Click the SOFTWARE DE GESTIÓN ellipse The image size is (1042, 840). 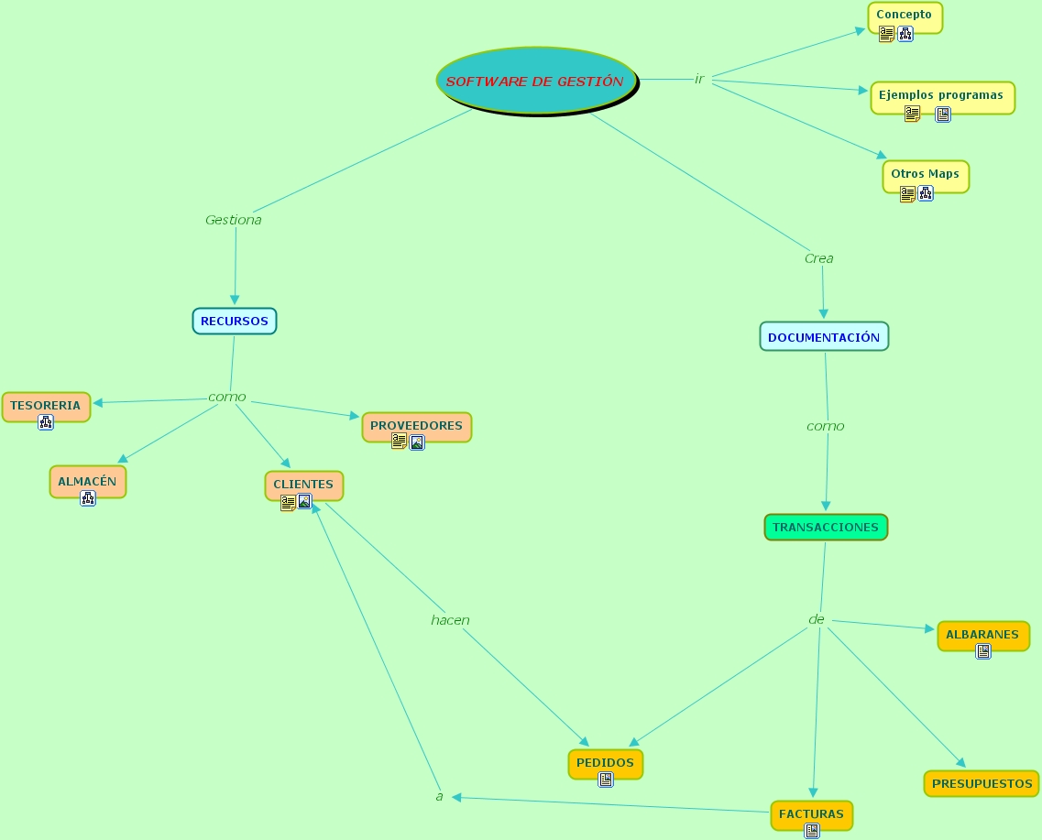click(535, 81)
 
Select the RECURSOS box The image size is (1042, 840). click(235, 321)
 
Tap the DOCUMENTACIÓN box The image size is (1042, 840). click(824, 336)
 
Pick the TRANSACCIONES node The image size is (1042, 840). click(826, 527)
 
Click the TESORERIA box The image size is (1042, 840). click(46, 405)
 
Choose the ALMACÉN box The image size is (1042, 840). click(87, 481)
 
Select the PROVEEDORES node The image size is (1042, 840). click(417, 425)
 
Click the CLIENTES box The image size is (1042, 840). click(303, 484)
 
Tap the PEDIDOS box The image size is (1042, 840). click(605, 762)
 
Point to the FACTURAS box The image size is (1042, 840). click(812, 813)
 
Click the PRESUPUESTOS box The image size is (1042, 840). click(982, 783)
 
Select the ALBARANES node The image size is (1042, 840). click(982, 634)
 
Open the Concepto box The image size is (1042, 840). click(905, 15)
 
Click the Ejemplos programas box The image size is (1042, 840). click(941, 94)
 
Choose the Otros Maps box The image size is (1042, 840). click(925, 173)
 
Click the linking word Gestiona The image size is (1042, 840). click(234, 220)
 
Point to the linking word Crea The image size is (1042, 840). click(818, 258)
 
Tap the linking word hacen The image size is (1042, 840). click(450, 620)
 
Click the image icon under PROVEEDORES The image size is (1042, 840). click(417, 442)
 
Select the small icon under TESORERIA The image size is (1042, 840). click(46, 422)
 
